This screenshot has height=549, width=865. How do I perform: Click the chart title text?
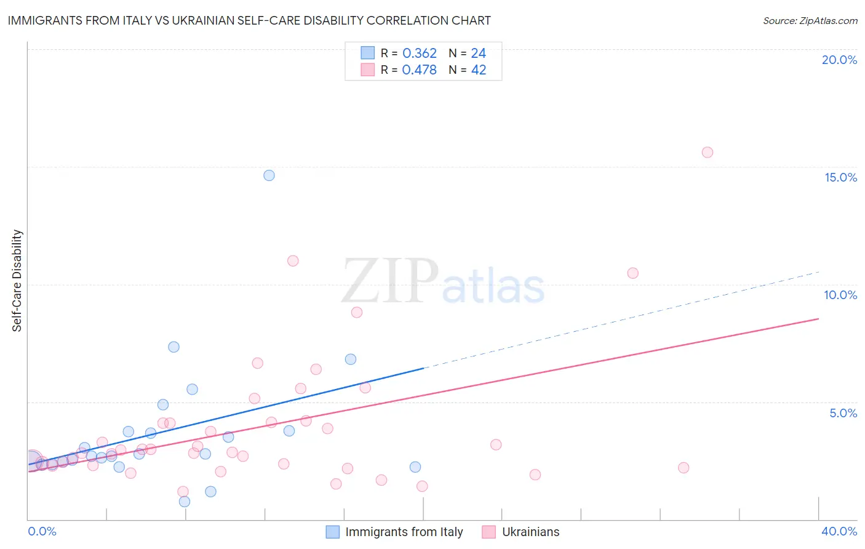tap(249, 20)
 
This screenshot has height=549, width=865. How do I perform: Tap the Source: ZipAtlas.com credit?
tap(810, 21)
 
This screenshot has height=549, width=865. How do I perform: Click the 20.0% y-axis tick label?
tap(839, 60)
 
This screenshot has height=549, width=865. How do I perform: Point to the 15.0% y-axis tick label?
tap(840, 177)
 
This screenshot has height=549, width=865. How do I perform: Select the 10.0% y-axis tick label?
tap(840, 295)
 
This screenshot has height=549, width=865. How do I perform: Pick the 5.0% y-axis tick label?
tap(843, 413)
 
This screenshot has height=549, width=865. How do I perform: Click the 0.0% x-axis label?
tap(42, 531)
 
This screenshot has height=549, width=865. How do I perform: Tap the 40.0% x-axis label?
tap(839, 531)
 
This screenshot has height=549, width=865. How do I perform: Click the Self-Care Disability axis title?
tap(17, 281)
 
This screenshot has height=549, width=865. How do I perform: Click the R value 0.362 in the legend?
tap(419, 54)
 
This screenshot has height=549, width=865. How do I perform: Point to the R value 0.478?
tap(419, 70)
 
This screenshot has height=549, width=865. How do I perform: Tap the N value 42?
tap(479, 70)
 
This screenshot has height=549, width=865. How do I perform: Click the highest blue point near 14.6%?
tap(269, 175)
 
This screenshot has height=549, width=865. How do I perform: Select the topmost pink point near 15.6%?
tap(707, 153)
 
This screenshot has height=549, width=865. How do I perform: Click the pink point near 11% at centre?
tap(293, 261)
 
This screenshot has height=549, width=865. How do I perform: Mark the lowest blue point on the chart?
tap(185, 502)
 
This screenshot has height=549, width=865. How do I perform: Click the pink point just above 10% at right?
tap(632, 273)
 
